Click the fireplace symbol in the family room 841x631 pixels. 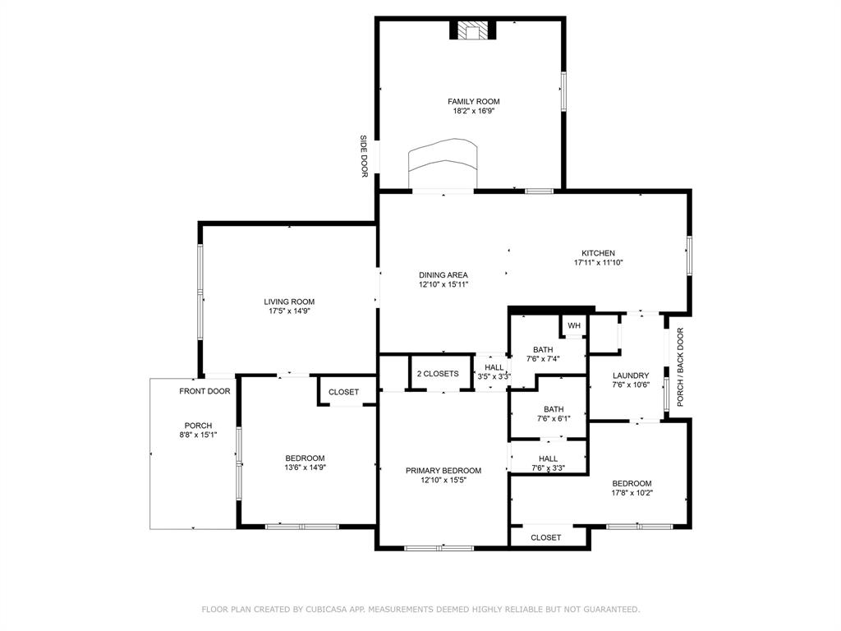473,30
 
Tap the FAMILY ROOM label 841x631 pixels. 473,102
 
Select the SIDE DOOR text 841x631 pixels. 364,156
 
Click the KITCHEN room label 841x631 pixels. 598,253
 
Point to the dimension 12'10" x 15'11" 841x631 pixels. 443,284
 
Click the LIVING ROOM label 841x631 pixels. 289,302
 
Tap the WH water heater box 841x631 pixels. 573,326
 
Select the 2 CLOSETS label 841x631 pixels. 438,374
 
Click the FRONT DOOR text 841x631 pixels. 205,391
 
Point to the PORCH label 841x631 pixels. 198,426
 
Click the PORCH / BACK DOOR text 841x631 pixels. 680,367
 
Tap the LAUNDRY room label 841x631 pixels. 631,375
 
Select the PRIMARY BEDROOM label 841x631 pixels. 443,471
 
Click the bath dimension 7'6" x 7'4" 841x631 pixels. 542,358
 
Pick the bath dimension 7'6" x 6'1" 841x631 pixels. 553,418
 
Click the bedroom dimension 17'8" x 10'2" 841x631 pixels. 631,493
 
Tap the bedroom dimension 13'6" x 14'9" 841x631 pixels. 305,467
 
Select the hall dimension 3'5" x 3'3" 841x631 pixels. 494,376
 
